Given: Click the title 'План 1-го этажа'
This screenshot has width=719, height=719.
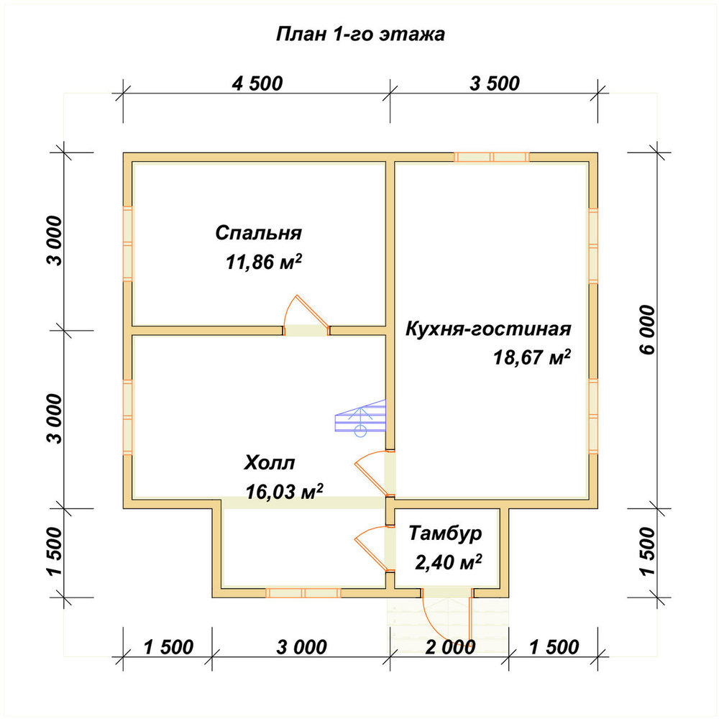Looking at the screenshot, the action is pyautogui.click(x=360, y=35).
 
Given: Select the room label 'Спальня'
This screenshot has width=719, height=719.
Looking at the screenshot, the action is pyautogui.click(x=259, y=233).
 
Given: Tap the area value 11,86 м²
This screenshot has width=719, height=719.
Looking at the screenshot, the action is pyautogui.click(x=264, y=262).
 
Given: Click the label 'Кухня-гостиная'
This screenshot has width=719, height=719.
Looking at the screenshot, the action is pyautogui.click(x=488, y=329).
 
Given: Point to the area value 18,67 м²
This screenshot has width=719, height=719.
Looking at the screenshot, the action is pyautogui.click(x=532, y=357).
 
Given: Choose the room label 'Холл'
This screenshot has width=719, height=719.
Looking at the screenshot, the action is pyautogui.click(x=269, y=462).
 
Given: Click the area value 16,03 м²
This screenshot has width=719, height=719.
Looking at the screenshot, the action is pyautogui.click(x=284, y=491).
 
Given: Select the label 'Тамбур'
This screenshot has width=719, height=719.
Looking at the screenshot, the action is pyautogui.click(x=445, y=533).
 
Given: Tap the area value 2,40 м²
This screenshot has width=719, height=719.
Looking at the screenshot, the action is pyautogui.click(x=449, y=562).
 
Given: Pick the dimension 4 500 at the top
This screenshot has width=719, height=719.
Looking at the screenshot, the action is pyautogui.click(x=257, y=83).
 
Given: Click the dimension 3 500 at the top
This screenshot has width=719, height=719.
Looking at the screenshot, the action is pyautogui.click(x=495, y=83).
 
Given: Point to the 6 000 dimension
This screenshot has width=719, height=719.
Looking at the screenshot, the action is pyautogui.click(x=647, y=329).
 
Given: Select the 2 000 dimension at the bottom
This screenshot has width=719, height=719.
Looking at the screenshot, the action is pyautogui.click(x=450, y=647).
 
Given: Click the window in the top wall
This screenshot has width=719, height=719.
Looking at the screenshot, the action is pyautogui.click(x=492, y=157).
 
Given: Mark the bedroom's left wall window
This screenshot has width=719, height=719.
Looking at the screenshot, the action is pyautogui.click(x=127, y=243).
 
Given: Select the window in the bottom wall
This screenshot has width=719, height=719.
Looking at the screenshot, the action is pyautogui.click(x=303, y=593).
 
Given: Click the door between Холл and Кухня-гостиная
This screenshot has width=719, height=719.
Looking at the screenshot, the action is pyautogui.click(x=376, y=474).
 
